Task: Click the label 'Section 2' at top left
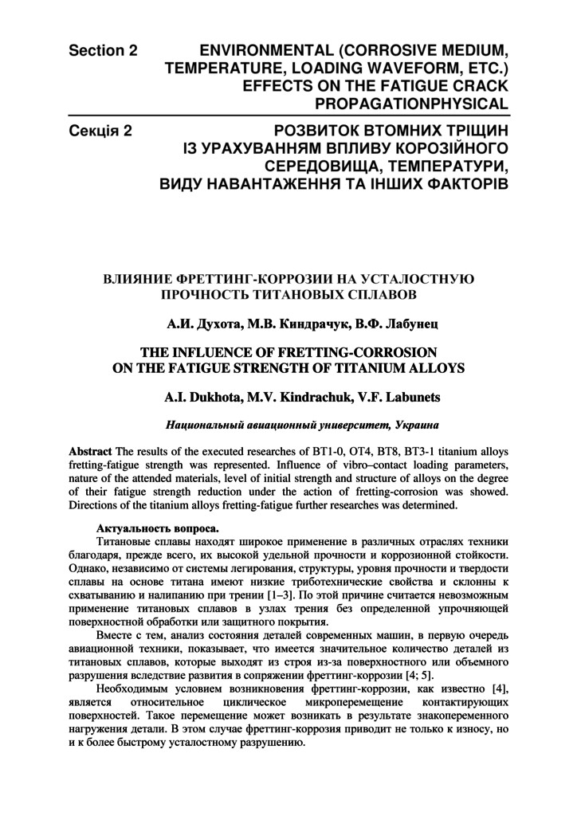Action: [103, 51]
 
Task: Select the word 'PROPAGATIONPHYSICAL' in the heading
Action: [411, 104]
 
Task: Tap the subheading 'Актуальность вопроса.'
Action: [157, 528]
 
